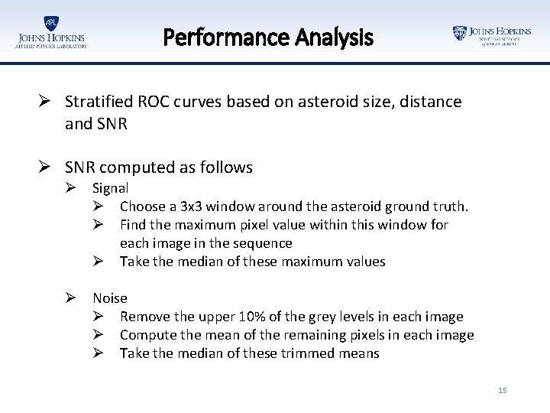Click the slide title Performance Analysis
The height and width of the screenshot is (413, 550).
point(268,36)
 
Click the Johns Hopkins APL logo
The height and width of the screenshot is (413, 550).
point(51,33)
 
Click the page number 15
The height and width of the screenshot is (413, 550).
point(502,391)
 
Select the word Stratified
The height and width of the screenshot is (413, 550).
point(97,102)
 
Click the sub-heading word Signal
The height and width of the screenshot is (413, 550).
point(111,188)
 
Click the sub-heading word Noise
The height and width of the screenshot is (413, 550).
point(110,298)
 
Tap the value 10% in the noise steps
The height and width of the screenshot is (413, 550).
point(253,317)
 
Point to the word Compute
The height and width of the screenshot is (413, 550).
point(148,335)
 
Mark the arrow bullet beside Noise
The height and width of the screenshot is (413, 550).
point(71,298)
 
